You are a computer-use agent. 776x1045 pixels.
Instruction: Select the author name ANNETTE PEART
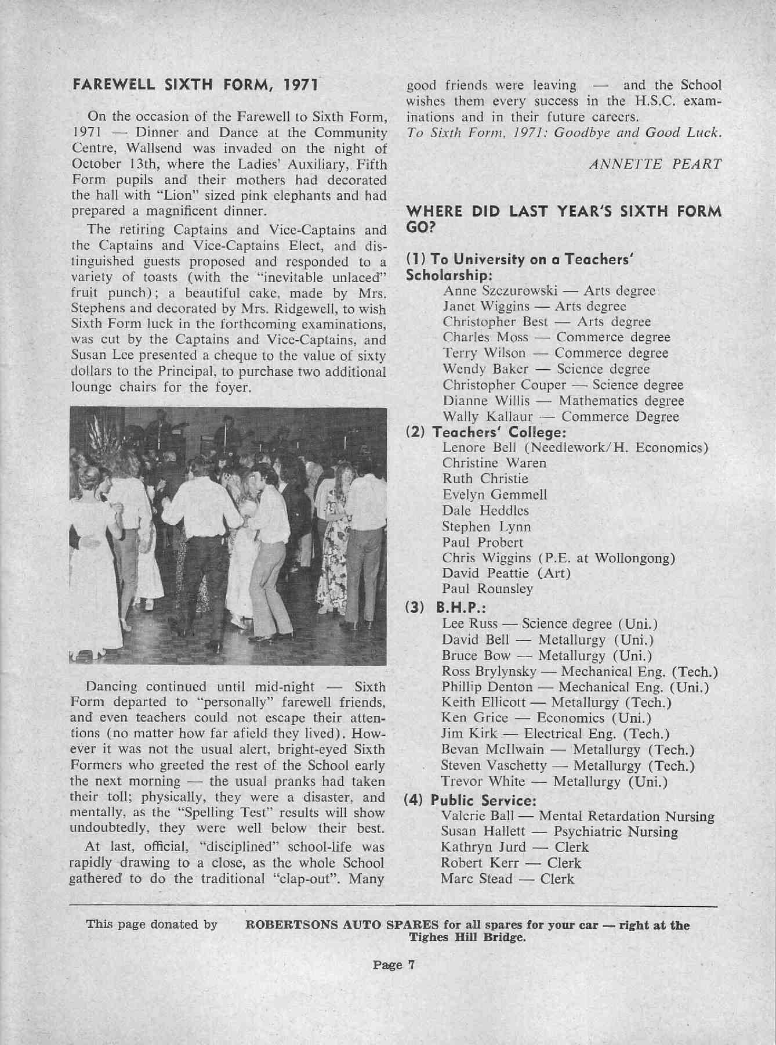(655, 164)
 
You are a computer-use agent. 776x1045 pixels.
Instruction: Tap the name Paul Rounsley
(487, 589)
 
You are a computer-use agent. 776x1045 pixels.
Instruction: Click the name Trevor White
(483, 781)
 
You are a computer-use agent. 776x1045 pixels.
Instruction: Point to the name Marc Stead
(476, 879)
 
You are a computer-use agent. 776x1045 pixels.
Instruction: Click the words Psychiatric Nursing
(615, 832)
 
